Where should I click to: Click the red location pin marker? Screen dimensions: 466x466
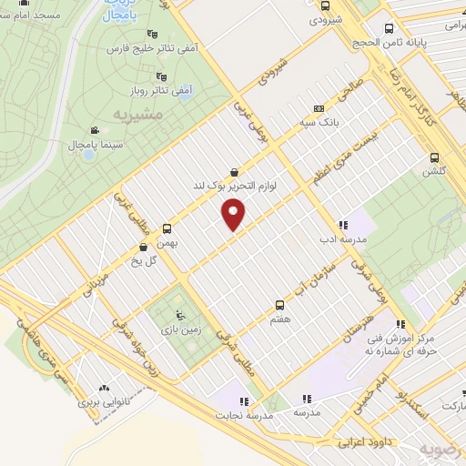click(235, 216)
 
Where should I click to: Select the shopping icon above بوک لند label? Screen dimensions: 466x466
click(235, 171)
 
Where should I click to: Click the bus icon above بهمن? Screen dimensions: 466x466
click(166, 228)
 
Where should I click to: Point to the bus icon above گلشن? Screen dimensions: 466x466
click(434, 157)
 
